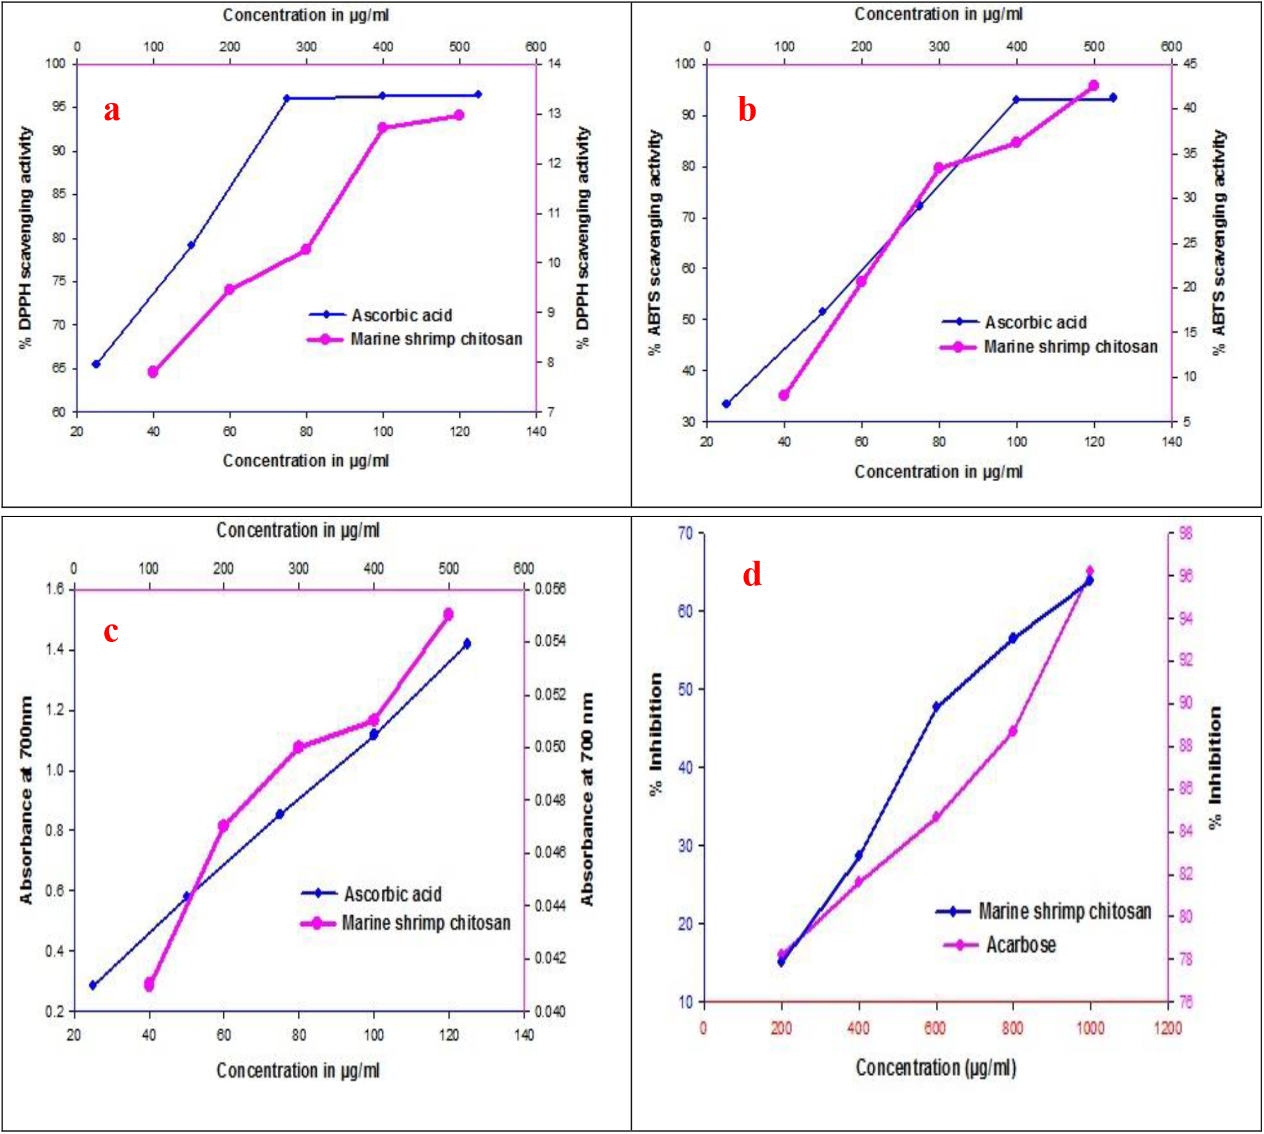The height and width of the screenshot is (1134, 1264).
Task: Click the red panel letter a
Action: click(112, 111)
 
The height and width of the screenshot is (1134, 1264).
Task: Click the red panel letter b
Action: click(747, 111)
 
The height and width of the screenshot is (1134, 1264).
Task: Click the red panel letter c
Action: click(111, 631)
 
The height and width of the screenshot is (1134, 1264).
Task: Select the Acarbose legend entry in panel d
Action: click(1020, 945)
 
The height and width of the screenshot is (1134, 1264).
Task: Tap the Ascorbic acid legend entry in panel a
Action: click(401, 315)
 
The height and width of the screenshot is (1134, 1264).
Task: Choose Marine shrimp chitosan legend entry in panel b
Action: click(1070, 347)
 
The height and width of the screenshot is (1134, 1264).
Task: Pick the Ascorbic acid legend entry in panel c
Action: click(393, 894)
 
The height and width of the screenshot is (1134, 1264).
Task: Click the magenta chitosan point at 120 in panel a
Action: click(459, 115)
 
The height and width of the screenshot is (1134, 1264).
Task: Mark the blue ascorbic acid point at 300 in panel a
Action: click(286, 98)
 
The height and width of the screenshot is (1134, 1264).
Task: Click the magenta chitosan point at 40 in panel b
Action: click(784, 395)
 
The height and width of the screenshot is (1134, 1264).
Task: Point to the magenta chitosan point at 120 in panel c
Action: click(449, 614)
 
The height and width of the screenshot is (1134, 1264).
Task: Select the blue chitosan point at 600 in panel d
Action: click(936, 707)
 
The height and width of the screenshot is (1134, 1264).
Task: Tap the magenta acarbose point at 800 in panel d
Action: click(1013, 732)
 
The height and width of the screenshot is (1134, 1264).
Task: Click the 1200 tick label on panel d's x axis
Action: click(1167, 1029)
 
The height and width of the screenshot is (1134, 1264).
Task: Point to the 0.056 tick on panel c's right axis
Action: click(550, 589)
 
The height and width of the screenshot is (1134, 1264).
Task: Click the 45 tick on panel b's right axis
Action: click(1190, 64)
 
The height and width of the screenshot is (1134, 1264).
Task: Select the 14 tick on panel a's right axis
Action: click(554, 63)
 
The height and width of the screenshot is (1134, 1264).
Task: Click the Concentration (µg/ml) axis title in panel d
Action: click(936, 1068)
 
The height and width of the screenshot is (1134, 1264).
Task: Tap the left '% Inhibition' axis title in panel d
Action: click(656, 735)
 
